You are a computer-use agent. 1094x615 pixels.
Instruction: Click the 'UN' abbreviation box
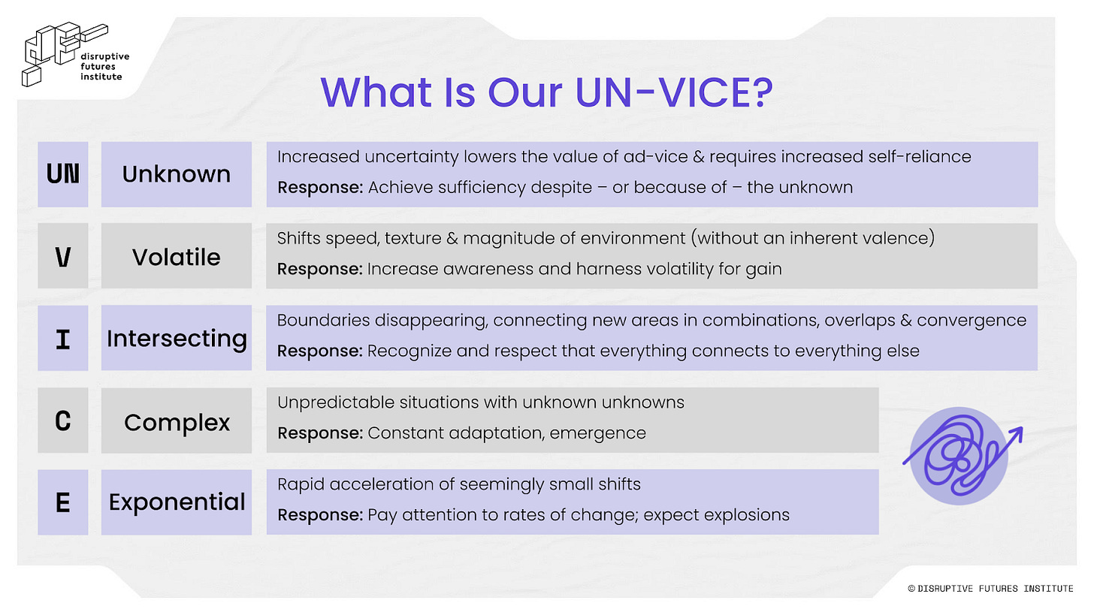[x=63, y=174]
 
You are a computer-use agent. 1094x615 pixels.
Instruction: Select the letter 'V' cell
[x=63, y=256]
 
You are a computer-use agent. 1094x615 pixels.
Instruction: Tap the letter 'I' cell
[x=63, y=338]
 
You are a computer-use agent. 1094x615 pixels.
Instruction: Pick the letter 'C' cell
[x=63, y=421]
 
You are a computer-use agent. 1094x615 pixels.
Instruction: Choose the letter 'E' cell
[x=63, y=502]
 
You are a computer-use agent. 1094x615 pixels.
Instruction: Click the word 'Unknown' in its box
[x=177, y=174]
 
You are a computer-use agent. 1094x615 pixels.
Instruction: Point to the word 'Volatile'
[x=177, y=257]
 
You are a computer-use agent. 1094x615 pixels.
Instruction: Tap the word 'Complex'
[x=177, y=423]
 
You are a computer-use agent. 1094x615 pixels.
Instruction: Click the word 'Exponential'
[x=177, y=503]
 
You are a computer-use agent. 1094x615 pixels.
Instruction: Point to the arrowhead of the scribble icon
[x=1016, y=434]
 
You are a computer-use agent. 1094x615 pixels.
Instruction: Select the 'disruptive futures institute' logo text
[x=105, y=66]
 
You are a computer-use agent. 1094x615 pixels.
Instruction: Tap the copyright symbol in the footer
[x=911, y=589]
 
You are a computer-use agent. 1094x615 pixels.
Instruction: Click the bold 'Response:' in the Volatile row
[x=320, y=269]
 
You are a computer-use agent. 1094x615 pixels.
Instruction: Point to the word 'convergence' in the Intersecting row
[x=972, y=321]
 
